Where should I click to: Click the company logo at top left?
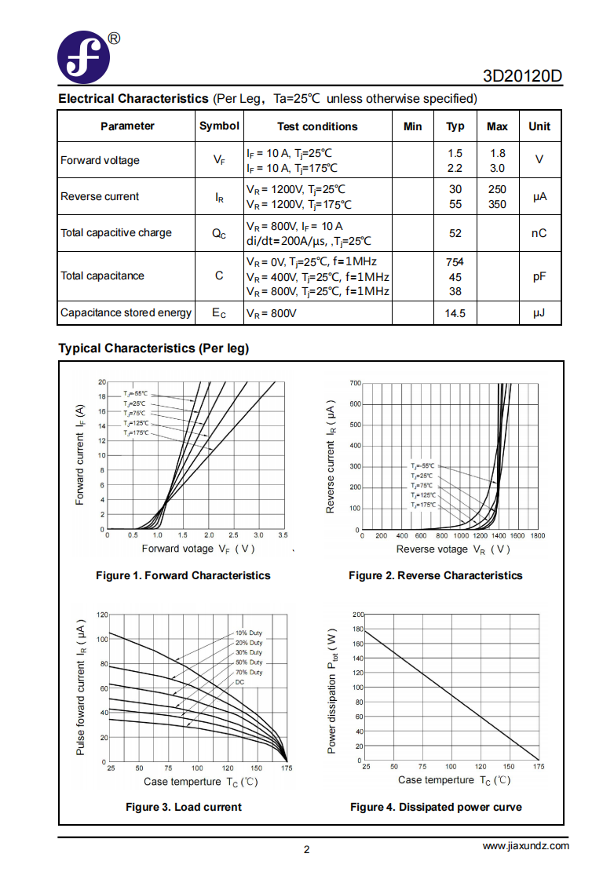pyautogui.click(x=83, y=57)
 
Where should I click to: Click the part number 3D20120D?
pyautogui.click(x=522, y=75)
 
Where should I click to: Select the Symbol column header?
pyautogui.click(x=219, y=126)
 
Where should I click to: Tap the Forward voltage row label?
pyautogui.click(x=101, y=160)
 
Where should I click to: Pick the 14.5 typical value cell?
pyautogui.click(x=455, y=313)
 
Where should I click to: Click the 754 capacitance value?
pyautogui.click(x=455, y=262)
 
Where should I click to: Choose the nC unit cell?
pyautogui.click(x=539, y=233)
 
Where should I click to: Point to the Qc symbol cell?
pyautogui.click(x=219, y=234)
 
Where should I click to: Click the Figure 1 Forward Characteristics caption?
pyautogui.click(x=183, y=575)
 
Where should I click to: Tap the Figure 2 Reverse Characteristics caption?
pyautogui.click(x=436, y=575)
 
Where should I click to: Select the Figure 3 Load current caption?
pyautogui.click(x=184, y=807)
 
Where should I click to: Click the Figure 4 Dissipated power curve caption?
pyautogui.click(x=436, y=807)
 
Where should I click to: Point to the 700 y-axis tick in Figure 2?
pyautogui.click(x=356, y=383)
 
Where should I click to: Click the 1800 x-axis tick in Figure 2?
pyautogui.click(x=538, y=535)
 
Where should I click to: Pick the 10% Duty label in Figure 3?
pyautogui.click(x=249, y=633)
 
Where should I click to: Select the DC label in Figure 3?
pyautogui.click(x=239, y=682)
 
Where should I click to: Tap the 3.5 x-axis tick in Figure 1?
pyautogui.click(x=283, y=535)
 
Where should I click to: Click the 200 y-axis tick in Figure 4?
pyautogui.click(x=358, y=615)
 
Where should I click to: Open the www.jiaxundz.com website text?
pyautogui.click(x=525, y=846)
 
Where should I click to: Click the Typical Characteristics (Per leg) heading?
pyautogui.click(x=154, y=348)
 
